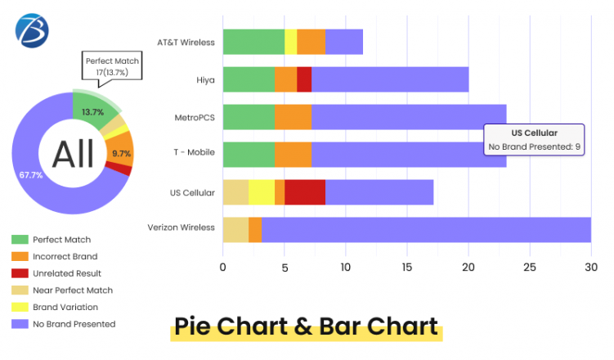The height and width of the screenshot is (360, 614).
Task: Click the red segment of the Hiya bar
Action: click(304, 79)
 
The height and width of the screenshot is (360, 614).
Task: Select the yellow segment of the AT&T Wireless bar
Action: click(290, 41)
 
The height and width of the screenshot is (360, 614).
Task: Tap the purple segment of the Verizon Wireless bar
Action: click(425, 229)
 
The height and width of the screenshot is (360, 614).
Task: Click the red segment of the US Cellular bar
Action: click(304, 192)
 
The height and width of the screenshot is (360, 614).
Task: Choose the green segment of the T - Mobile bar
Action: click(249, 155)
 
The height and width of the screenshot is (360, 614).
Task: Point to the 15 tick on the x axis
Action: click(406, 267)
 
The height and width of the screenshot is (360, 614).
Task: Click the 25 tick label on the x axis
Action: click(530, 267)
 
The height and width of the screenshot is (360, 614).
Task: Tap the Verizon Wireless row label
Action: click(181, 227)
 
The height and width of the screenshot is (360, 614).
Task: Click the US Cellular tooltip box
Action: click(534, 139)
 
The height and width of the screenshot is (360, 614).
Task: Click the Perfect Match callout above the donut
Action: click(113, 66)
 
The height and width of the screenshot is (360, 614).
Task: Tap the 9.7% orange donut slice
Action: click(122, 153)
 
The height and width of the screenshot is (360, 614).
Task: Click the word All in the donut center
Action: click(72, 154)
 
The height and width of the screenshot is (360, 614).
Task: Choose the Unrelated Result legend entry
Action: click(66, 273)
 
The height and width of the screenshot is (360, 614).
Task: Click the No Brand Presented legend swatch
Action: click(20, 324)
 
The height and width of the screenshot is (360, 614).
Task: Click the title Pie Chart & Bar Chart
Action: click(307, 326)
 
